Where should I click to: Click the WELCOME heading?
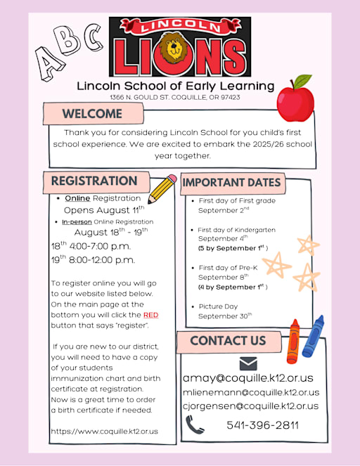(92, 114)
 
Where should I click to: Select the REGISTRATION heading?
(94, 181)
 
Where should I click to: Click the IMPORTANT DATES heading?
(232, 183)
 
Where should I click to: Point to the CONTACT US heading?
(228, 341)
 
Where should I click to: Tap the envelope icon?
(248, 363)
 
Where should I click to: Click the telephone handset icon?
(195, 425)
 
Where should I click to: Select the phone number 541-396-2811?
(262, 425)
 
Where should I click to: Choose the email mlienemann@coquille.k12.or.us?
(250, 392)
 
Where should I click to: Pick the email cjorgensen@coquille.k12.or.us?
(250, 406)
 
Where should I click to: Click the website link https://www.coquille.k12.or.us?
(105, 431)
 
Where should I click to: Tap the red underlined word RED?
(151, 316)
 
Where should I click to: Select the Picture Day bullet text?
(218, 306)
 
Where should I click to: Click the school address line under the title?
(174, 97)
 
